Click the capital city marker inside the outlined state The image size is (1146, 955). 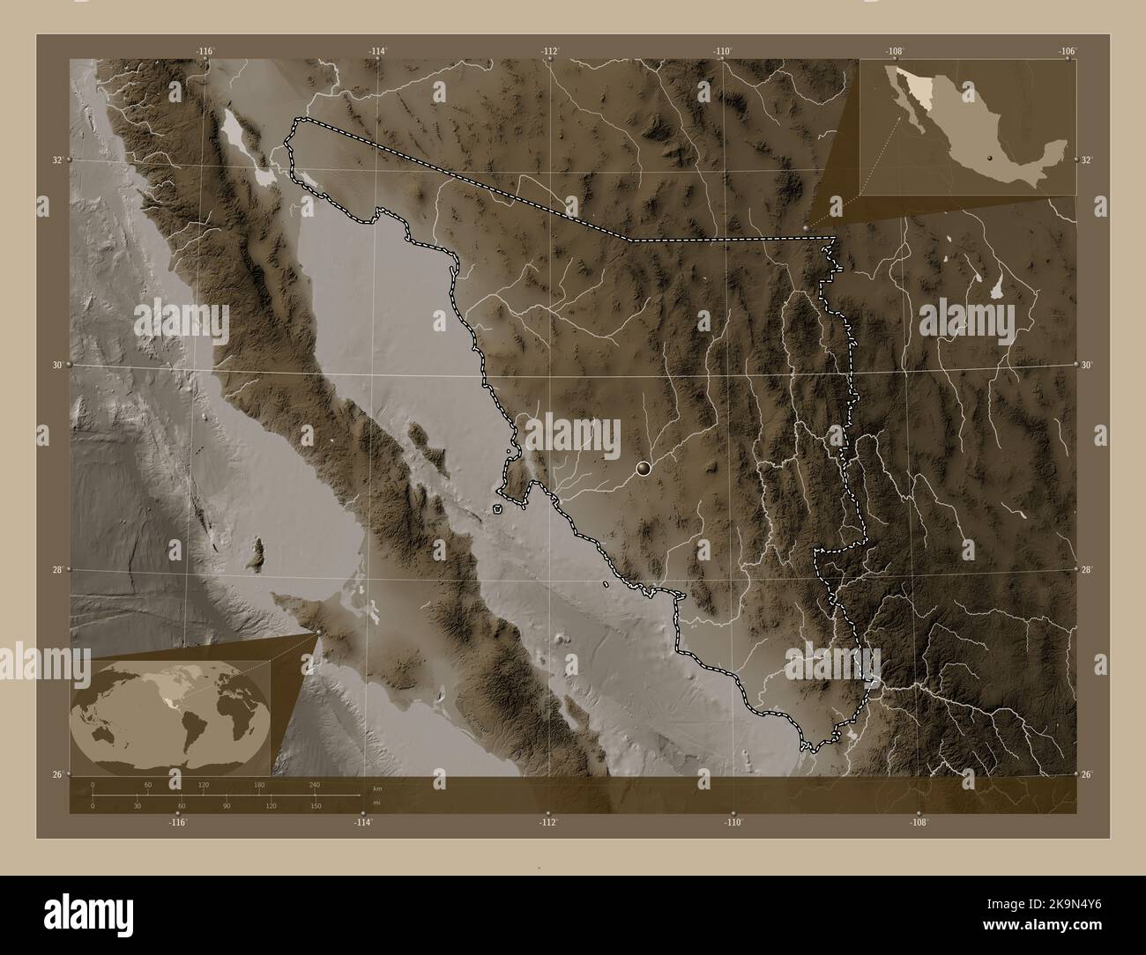pos(644,469)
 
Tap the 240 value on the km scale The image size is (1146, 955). pos(315,784)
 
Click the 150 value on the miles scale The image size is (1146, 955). pos(315,806)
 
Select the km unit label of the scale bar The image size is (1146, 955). pos(377,788)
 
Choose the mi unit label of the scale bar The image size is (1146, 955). pos(376,803)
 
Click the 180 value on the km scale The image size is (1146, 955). pos(259,784)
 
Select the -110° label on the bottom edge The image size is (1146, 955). pos(733,822)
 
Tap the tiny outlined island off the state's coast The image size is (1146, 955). pos(498,509)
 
